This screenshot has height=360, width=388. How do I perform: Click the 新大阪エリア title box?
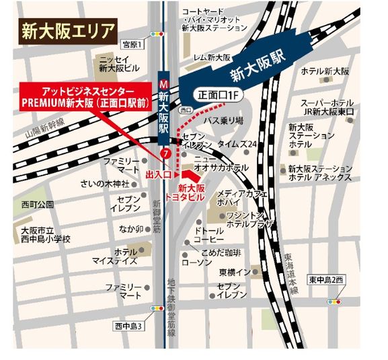pyautogui.click(x=66, y=30)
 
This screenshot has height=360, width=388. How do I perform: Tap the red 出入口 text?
pyautogui.click(x=159, y=174)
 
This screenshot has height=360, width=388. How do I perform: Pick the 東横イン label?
pyautogui.click(x=235, y=272)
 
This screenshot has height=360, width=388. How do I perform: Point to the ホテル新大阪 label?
pyautogui.click(x=325, y=71)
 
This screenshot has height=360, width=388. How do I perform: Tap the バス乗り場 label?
pyautogui.click(x=223, y=120)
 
